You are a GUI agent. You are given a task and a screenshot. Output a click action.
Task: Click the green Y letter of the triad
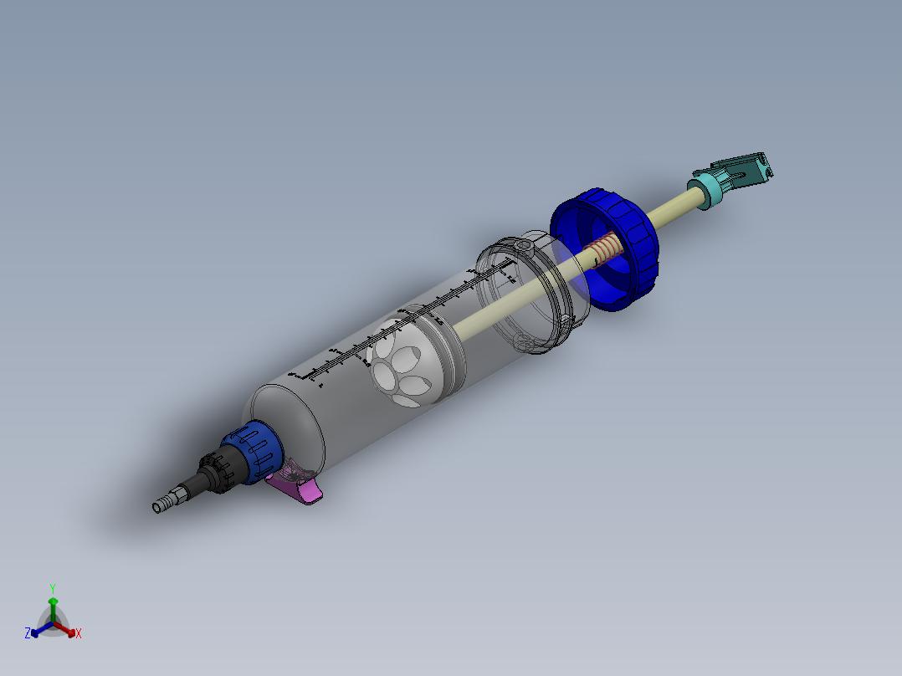tap(53, 588)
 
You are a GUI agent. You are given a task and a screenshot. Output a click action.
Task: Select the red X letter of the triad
tap(79, 633)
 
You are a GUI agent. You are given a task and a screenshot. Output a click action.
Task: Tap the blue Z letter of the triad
tap(28, 633)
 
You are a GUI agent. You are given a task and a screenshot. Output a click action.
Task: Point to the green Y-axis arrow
tap(53, 606)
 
